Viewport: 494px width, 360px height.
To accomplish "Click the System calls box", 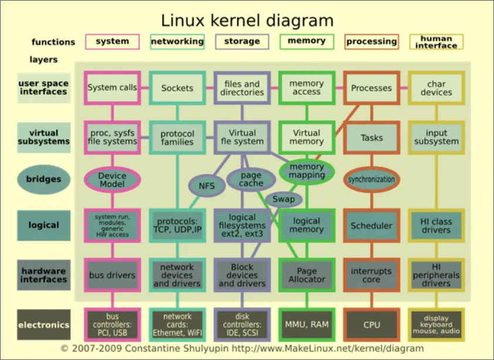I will point(112,88).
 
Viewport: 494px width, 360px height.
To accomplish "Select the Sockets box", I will point(177,88).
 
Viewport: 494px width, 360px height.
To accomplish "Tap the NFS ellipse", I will point(207,186).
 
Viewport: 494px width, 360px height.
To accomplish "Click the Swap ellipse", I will point(284,199).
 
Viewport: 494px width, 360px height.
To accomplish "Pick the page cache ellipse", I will point(251,179).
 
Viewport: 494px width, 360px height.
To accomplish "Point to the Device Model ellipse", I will point(112,180).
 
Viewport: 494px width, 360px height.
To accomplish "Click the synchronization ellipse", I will point(371,179).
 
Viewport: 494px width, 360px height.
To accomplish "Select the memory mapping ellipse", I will point(307,171).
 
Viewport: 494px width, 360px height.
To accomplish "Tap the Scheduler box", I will point(371,226).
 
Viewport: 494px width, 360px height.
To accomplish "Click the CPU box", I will point(371,325).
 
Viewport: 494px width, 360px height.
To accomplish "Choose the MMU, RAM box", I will point(307,325).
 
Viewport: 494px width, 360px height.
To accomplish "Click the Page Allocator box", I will point(307,275).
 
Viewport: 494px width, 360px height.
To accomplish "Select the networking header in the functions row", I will point(177,41).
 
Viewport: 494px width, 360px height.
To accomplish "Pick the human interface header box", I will point(436,42).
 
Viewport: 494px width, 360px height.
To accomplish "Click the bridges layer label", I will point(43,179).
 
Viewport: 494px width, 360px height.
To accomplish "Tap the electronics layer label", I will point(43,325).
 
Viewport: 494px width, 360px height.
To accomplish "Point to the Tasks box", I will point(371,138).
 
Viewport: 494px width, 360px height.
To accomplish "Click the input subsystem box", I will point(436,137).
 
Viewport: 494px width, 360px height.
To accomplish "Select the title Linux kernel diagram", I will point(247,21).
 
